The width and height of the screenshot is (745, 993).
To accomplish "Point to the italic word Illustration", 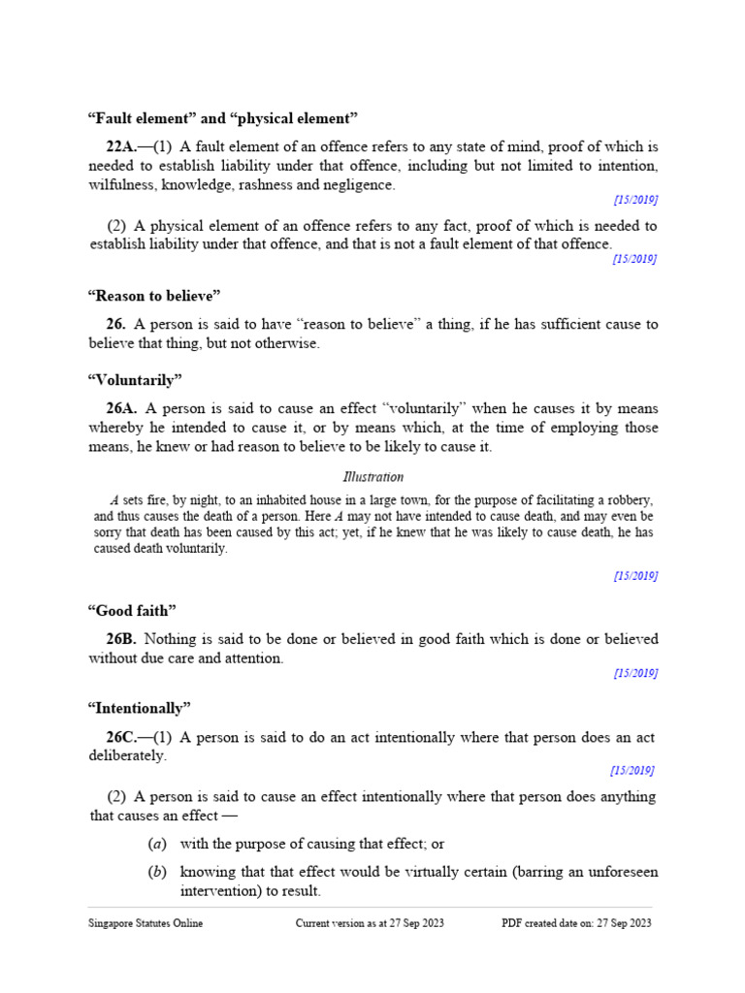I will [x=373, y=477].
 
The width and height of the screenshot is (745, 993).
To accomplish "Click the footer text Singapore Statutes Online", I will [x=146, y=923].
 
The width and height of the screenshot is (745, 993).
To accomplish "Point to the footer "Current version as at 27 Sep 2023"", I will [x=370, y=923].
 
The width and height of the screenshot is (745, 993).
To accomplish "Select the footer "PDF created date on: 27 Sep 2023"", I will [x=576, y=923].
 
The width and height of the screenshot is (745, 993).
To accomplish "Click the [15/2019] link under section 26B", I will [x=635, y=673].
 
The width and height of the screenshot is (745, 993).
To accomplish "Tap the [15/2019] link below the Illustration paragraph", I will [x=635, y=575].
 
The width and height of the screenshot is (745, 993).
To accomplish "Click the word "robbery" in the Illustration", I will [x=630, y=500].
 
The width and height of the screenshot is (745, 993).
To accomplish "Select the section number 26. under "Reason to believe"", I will [x=115, y=324].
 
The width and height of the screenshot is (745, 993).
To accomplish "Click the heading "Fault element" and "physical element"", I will [x=223, y=118].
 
